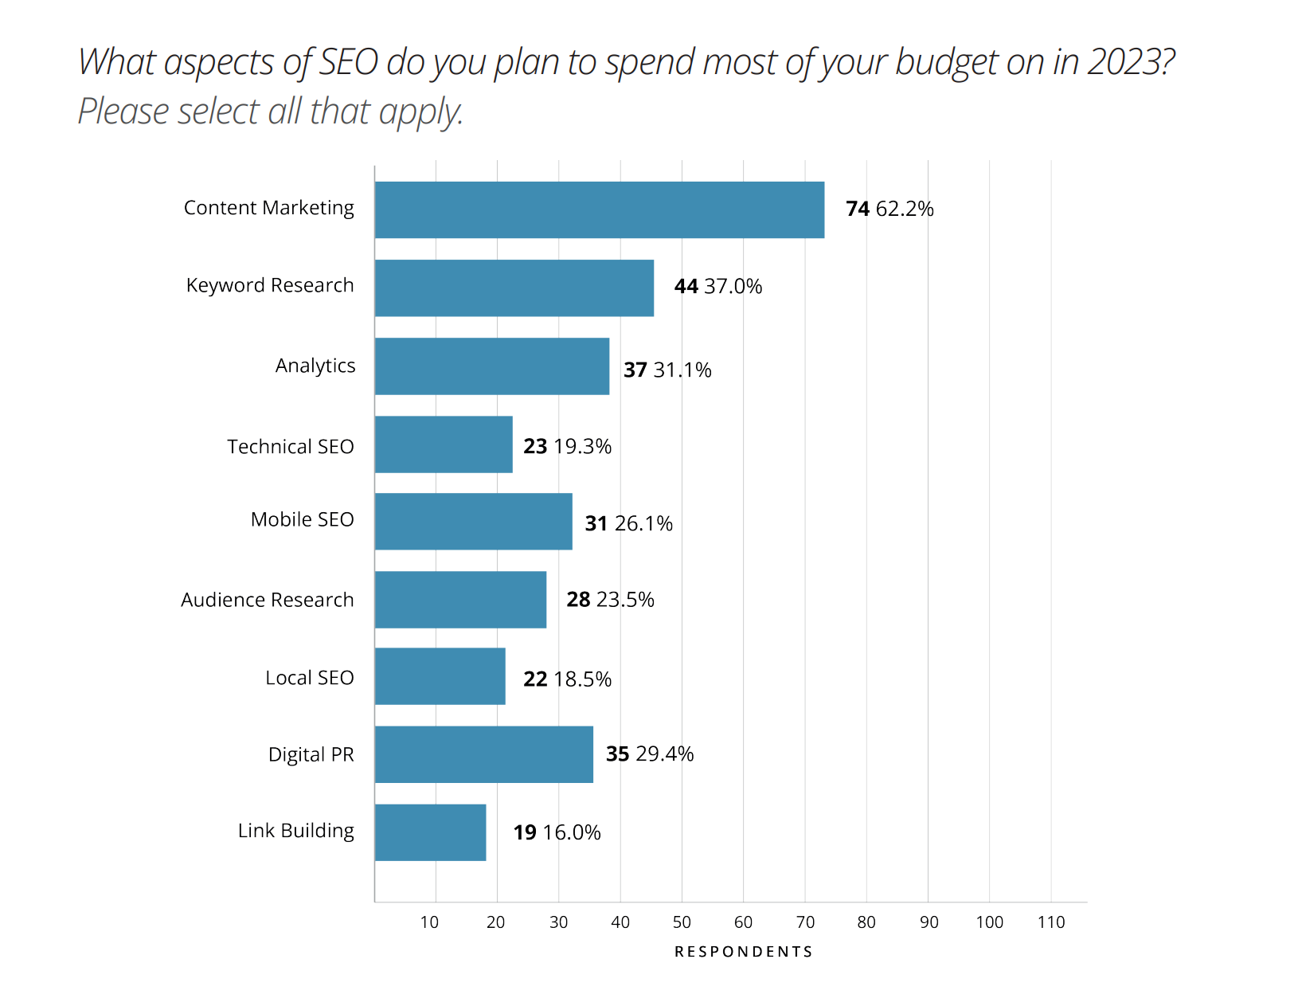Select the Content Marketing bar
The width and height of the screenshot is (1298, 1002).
tap(599, 209)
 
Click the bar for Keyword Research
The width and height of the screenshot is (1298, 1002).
tap(514, 288)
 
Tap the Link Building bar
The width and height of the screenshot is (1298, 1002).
tap(430, 832)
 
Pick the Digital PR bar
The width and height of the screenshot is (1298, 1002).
tap(483, 754)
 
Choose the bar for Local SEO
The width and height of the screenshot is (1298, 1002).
tap(440, 676)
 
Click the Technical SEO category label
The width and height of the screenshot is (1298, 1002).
tap(290, 447)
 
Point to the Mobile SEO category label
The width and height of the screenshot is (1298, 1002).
tap(302, 519)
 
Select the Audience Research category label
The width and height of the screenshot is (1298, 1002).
tap(267, 600)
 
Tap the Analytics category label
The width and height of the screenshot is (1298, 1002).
tap(315, 366)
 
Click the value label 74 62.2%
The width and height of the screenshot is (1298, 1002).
tap(889, 209)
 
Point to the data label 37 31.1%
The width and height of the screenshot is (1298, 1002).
tap(667, 370)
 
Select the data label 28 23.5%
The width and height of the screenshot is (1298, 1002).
tap(610, 600)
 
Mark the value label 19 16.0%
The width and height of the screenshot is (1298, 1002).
tap(557, 832)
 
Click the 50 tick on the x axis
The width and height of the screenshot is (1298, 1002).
tap(682, 922)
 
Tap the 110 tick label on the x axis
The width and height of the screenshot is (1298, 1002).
tap(1050, 922)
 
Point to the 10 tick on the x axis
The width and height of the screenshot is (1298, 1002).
tap(429, 922)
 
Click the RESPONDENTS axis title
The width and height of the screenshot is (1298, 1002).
tap(743, 952)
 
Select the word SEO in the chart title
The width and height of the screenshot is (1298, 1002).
tap(348, 62)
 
